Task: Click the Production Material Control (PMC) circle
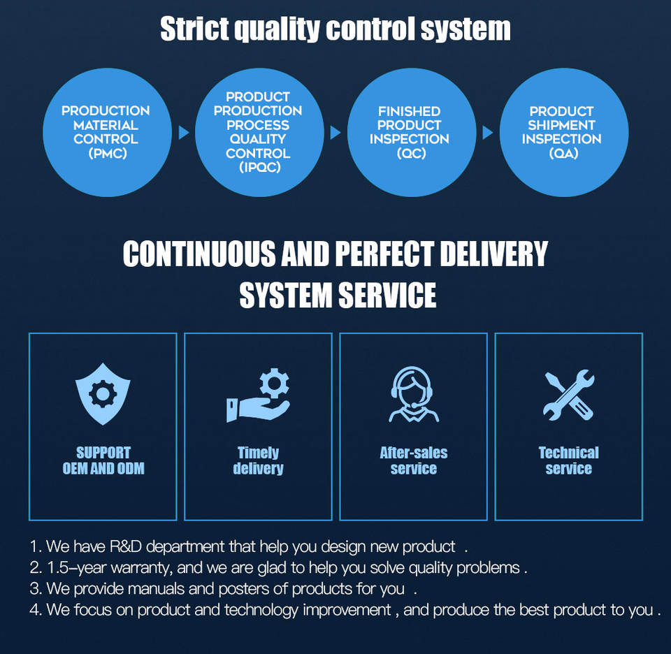coord(105,132)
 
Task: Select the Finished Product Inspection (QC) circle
coord(409,132)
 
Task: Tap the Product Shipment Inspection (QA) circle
coord(561,132)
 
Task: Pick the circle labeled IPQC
coord(257,132)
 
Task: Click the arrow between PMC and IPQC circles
coord(184,133)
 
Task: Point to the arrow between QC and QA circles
coord(487,133)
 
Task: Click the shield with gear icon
coord(103,393)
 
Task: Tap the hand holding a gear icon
coord(258,395)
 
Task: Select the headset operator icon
coord(414,395)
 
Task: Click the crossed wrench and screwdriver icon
coord(569,395)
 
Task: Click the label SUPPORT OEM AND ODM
coord(103,460)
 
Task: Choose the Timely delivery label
coord(258,460)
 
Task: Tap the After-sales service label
coord(414,460)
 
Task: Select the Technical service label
coord(569,460)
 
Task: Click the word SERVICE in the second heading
coord(388,295)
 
